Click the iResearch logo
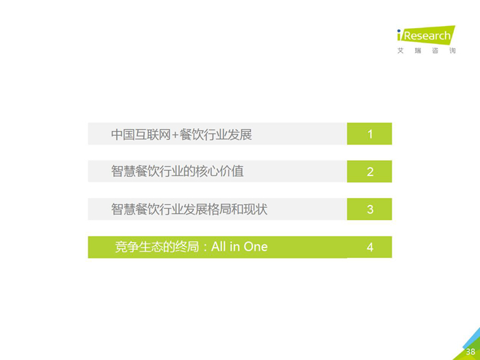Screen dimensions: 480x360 click(426, 35)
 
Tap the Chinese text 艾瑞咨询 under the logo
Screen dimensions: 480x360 click(427, 51)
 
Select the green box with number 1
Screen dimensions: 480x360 click(370, 134)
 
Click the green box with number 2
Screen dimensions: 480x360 click(370, 171)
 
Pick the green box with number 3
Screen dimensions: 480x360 click(370, 209)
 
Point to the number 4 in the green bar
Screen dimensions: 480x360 click(370, 247)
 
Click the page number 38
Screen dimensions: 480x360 click(470, 352)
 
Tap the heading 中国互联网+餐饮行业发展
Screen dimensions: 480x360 click(182, 134)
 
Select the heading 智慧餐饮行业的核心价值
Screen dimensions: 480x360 click(178, 171)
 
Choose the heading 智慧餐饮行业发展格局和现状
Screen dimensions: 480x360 click(189, 209)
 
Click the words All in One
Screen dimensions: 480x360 click(239, 247)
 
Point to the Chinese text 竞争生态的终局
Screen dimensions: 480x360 click(157, 247)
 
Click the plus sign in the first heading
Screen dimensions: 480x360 click(175, 135)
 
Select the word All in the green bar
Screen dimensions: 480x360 click(219, 246)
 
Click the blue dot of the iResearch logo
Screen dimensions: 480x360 click(399, 31)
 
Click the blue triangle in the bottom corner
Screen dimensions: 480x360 click(474, 339)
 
